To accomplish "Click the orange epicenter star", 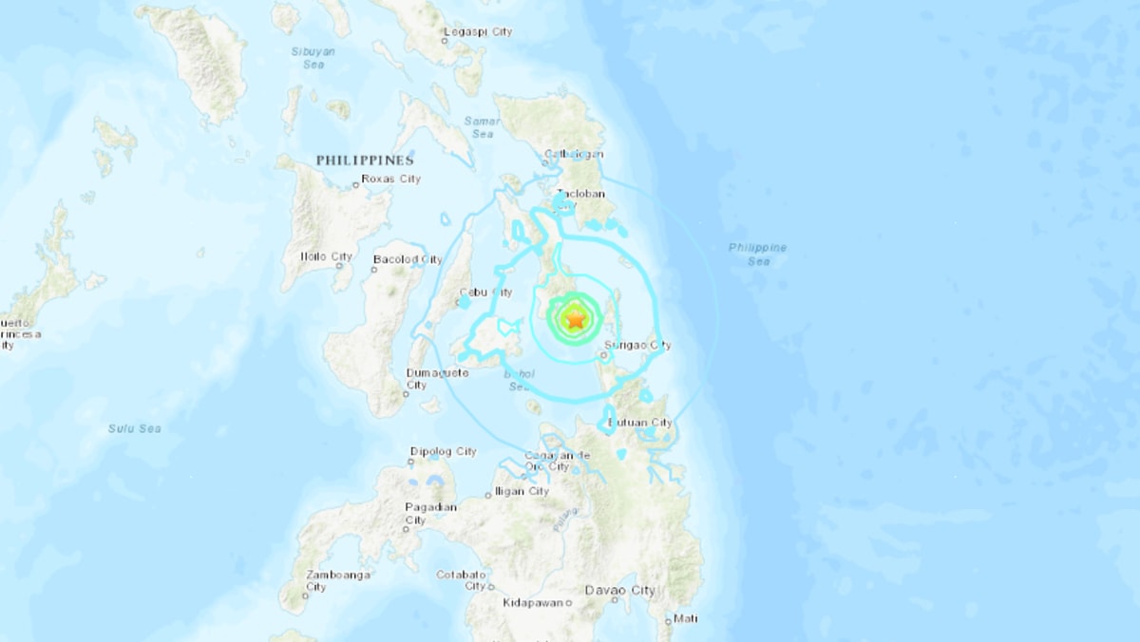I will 575,319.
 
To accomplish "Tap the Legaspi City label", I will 478,31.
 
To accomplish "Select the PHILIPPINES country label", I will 365,160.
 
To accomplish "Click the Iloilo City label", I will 325,256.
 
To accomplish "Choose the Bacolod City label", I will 408,258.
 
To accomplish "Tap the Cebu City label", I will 485,292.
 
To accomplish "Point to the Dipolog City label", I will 443,451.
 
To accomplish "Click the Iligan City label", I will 521,491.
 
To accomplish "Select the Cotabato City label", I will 463,579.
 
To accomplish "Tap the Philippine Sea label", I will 757,254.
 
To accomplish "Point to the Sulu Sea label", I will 134,428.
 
